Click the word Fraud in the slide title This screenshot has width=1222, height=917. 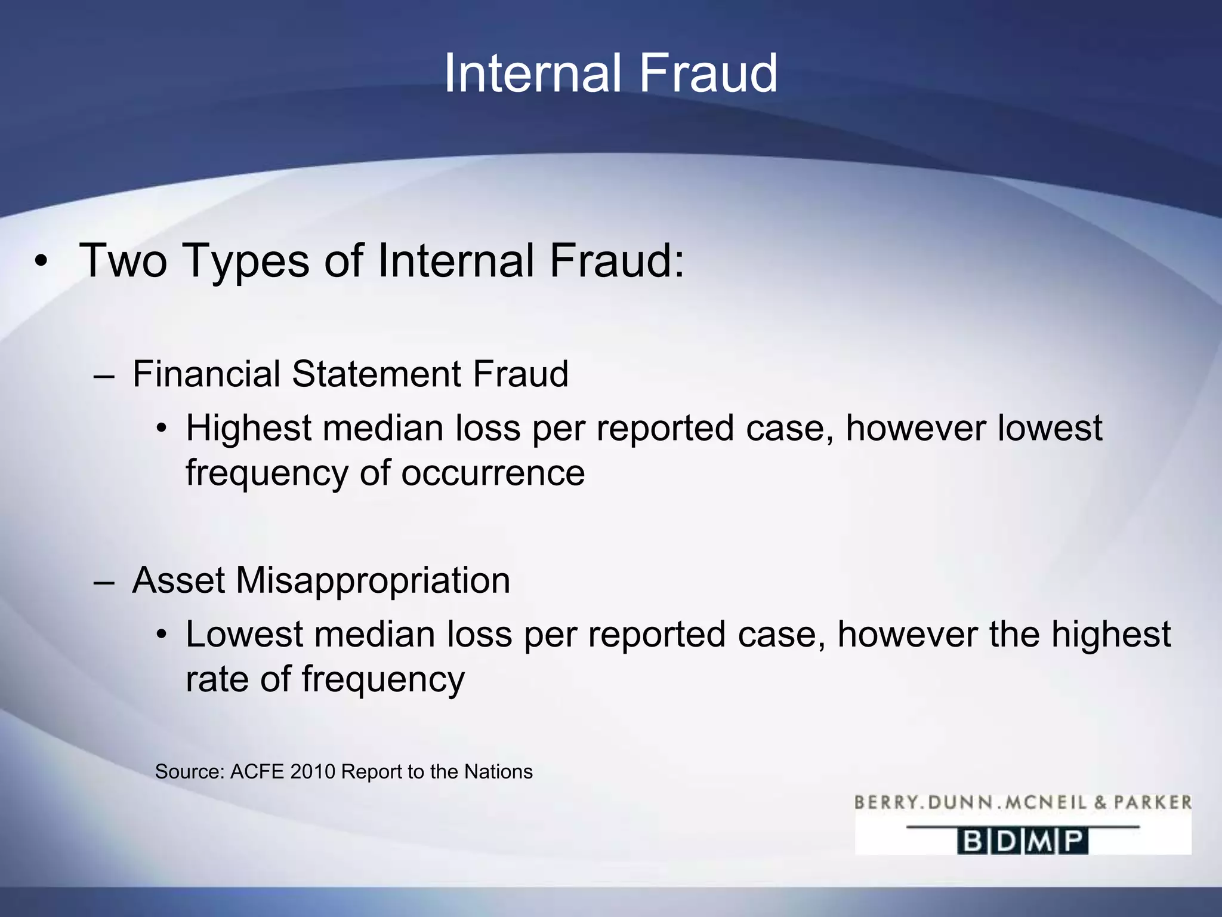708,73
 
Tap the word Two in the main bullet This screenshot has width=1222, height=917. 123,261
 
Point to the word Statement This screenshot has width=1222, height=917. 377,374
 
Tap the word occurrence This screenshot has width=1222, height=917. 492,473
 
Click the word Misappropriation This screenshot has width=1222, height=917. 373,581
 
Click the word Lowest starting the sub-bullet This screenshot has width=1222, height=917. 245,634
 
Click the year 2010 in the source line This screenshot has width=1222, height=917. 313,772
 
